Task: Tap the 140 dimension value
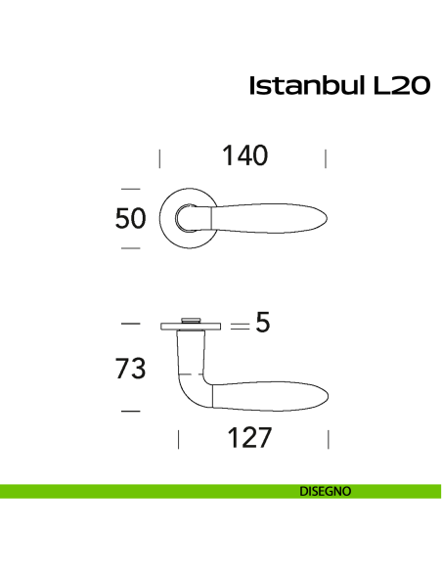tap(244, 155)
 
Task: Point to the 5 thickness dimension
tap(262, 323)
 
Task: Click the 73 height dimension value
tap(130, 369)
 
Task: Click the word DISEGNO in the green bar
tap(327, 492)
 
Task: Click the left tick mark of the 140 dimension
tap(160, 158)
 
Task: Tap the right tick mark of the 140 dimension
tap(325, 158)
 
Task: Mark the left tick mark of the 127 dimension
tap(179, 439)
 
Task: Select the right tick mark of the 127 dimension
tap(328, 439)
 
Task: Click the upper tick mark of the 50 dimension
tap(130, 188)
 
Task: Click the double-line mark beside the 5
tap(240, 325)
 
